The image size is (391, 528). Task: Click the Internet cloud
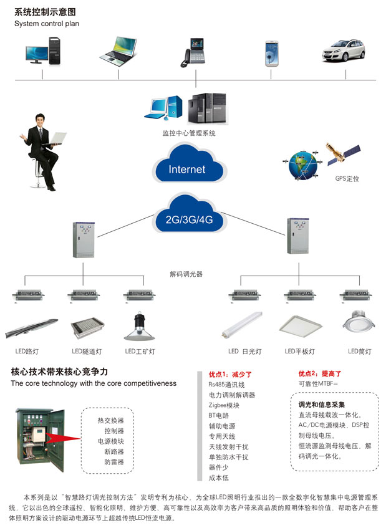[188, 166]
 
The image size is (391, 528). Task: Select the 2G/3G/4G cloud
[189, 218]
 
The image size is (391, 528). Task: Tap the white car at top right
[342, 52]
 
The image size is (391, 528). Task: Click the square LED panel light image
[301, 325]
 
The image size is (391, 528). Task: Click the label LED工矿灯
[140, 352]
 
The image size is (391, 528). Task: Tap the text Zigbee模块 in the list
[223, 405]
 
